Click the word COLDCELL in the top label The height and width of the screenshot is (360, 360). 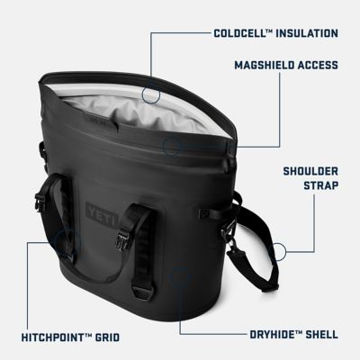pos(241,34)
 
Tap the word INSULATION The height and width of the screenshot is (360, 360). pos(309,34)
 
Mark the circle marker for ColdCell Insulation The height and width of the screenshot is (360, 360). pos(150,93)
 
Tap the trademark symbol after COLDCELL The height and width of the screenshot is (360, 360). pos(270,31)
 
